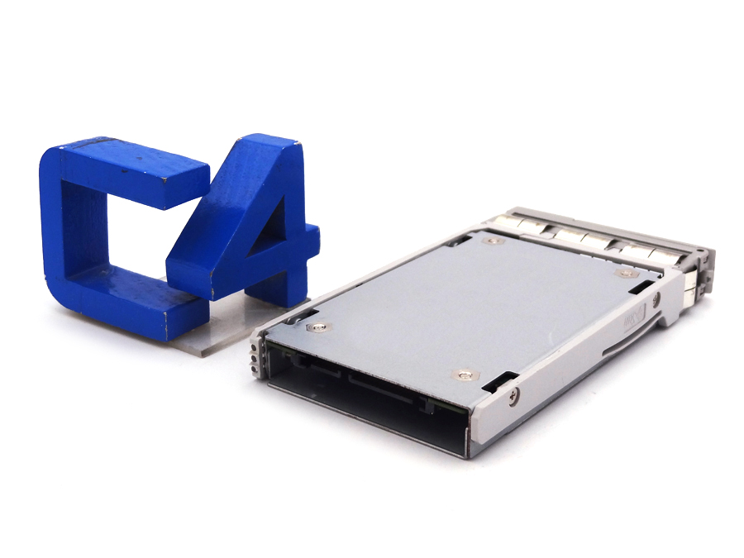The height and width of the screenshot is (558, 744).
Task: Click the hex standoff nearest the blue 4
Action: point(319,327)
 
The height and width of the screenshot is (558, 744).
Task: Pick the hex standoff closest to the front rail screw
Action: point(465,375)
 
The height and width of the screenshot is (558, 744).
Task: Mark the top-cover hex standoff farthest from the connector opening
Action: point(494,241)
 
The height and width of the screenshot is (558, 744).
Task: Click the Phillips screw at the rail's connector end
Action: point(513,397)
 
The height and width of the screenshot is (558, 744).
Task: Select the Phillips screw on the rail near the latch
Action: point(656,299)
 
